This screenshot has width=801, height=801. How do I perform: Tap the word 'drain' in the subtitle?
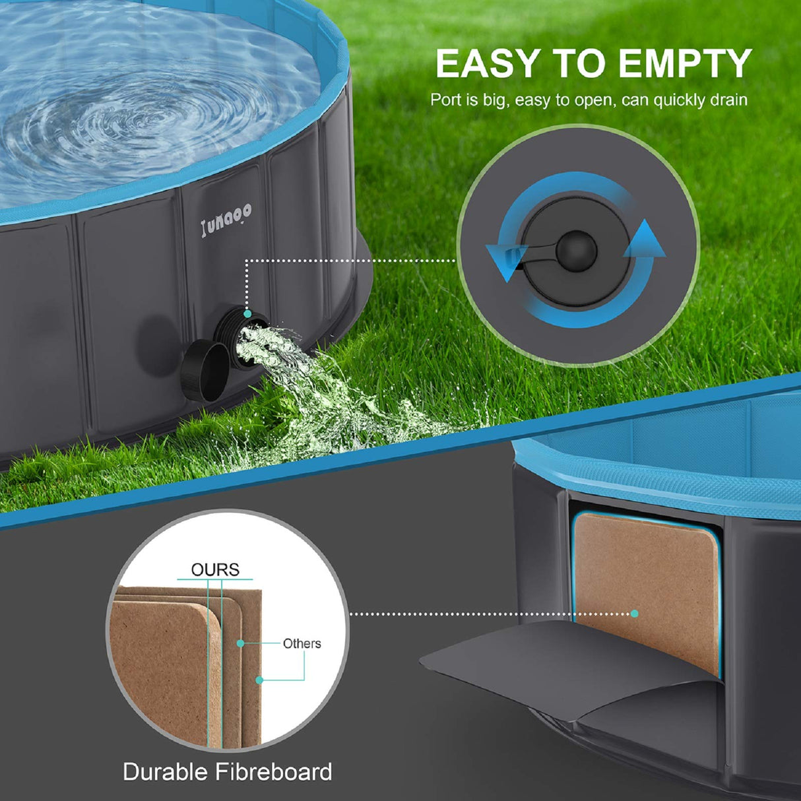click(726, 100)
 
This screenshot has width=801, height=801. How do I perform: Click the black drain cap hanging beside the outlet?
click(205, 371)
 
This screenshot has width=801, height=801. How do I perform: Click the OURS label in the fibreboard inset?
click(215, 569)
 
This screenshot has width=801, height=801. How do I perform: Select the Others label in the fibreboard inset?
click(302, 643)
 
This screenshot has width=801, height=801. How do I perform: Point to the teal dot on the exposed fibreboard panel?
click(634, 614)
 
